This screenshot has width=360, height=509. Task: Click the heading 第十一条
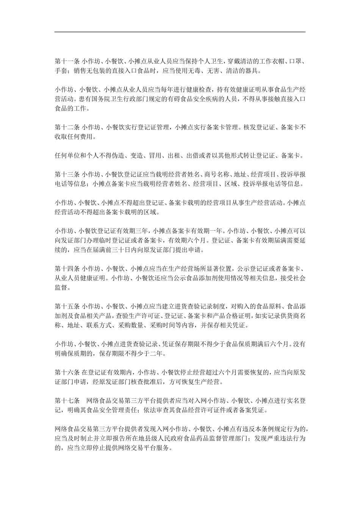(67, 61)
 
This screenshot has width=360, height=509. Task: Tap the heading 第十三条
(67, 175)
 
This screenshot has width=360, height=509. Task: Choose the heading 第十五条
(67, 306)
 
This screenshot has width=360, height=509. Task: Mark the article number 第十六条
(67, 372)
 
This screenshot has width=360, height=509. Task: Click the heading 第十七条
(67, 400)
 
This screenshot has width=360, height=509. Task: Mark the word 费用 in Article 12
(85, 137)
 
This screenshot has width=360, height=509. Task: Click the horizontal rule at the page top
(180, 32)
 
